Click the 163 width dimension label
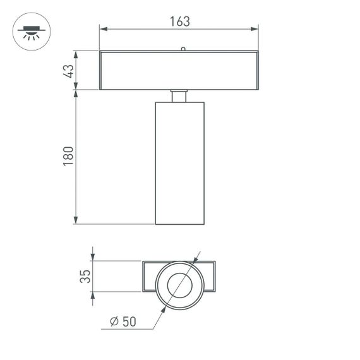(179, 21)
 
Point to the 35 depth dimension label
(86, 276)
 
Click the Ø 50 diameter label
(123, 321)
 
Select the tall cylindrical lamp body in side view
(179, 163)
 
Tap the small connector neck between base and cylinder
(179, 95)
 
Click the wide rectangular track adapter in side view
(179, 70)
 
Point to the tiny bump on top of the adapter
(182, 48)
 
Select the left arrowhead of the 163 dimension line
(104, 28)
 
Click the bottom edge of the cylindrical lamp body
(179, 224)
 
